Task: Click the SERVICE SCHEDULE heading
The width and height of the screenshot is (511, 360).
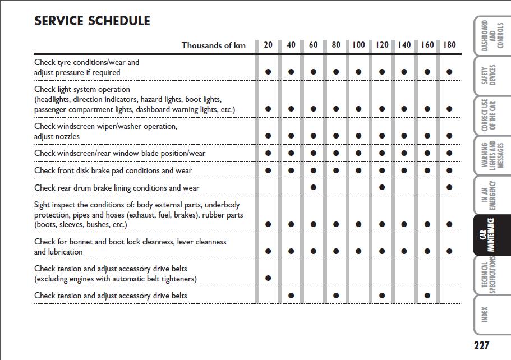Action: point(92,21)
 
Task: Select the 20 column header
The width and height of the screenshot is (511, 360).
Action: point(268,45)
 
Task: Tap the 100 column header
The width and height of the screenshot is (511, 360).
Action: point(358,45)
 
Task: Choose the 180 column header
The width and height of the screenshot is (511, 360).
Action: point(449,45)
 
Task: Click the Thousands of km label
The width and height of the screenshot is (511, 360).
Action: point(214,45)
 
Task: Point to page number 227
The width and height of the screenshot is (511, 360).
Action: point(481,345)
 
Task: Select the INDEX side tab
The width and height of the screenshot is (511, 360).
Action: point(486,314)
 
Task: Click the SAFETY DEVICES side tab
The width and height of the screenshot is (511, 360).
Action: point(489,76)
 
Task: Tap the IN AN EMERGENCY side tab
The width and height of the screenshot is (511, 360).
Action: point(489,195)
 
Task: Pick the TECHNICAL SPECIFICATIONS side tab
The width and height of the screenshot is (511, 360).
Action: point(489,275)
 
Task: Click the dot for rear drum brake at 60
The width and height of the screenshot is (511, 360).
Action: point(314,187)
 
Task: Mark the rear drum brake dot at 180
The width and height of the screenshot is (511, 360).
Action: point(449,187)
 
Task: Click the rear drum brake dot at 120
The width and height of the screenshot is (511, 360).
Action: point(382,187)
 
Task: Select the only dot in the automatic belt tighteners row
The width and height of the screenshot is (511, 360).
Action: point(268,278)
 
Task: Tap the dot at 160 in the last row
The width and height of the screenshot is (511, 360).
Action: point(427,296)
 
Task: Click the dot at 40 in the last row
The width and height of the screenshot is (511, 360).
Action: point(291,296)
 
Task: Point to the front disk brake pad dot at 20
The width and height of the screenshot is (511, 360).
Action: point(268,170)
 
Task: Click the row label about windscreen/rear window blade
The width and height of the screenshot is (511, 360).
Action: point(119,153)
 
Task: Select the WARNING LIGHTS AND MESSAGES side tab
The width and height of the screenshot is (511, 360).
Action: point(489,155)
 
